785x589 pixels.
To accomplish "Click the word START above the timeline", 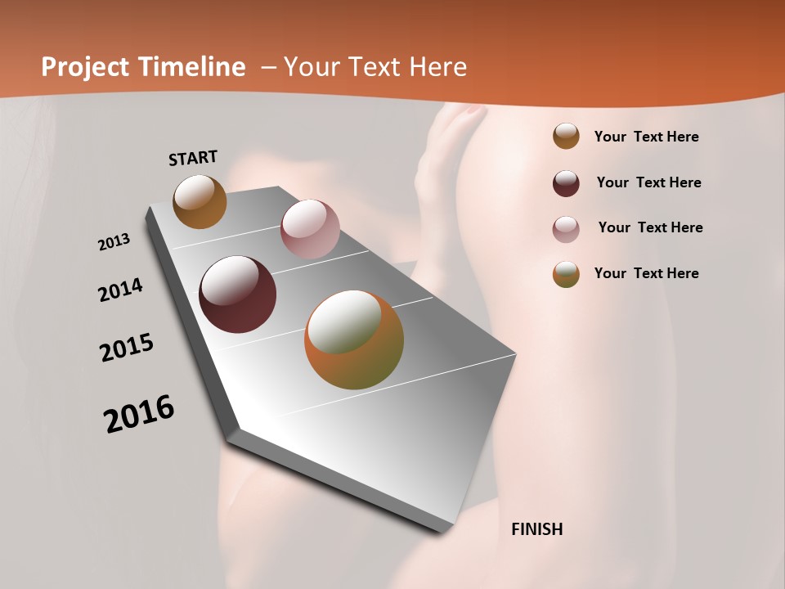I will pos(193,158).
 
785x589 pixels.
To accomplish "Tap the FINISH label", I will pos(537,529).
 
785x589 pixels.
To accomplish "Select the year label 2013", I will pos(114,241).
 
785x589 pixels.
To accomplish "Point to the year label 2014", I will pos(120,290).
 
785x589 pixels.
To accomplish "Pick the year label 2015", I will pos(127,348).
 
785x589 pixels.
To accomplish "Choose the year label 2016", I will pos(139,414).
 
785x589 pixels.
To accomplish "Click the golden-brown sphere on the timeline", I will pos(200,201).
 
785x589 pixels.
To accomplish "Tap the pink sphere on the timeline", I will pos(310,229).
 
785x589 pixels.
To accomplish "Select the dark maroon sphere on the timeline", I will pos(237,294).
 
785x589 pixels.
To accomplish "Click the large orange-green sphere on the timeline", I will pos(354,339).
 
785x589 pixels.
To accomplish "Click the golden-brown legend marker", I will pos(566,137).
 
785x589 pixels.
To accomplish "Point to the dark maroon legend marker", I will pos(566,183).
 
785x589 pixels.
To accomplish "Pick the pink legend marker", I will pos(566,229).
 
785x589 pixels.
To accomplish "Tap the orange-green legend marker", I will pos(566,274).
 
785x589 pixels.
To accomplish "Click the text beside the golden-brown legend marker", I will pos(646,137).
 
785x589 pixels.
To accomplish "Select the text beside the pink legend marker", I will pos(650,227).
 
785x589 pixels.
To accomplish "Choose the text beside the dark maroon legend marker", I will pos(648,182).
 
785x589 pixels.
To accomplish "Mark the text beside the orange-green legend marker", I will pos(646,273).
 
